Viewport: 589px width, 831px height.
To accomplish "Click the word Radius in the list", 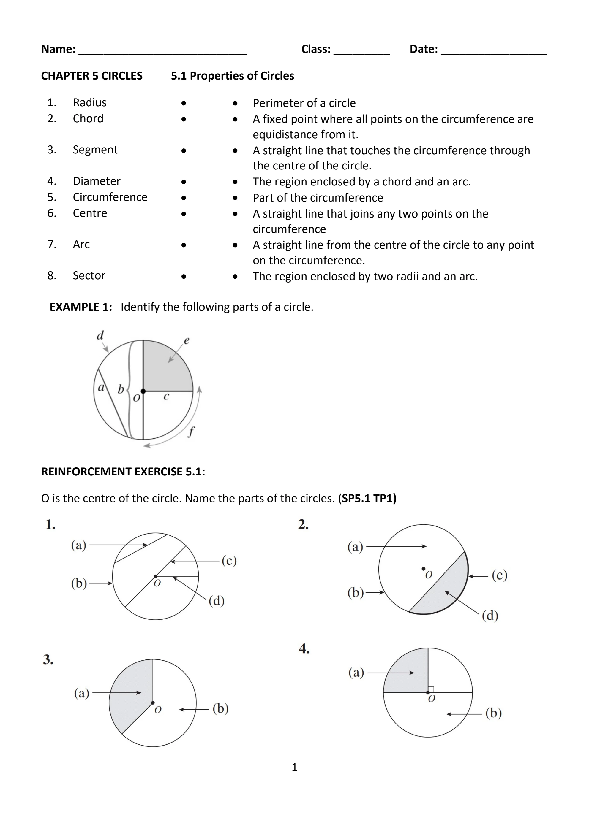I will [90, 103].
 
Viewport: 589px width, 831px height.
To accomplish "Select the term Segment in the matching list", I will [95, 150].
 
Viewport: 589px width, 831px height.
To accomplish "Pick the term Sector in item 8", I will [89, 275].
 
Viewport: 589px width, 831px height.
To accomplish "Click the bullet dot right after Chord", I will [184, 119].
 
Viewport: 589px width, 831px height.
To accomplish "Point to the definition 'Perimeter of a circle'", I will [304, 103].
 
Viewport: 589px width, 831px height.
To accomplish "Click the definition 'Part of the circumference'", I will [318, 198].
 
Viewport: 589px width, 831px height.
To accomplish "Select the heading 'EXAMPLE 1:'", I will [81, 307].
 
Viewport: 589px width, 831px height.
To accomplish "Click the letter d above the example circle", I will [100, 335].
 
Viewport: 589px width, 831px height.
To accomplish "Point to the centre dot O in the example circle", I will [143, 391].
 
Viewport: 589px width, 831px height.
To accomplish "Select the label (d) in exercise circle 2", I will [490, 615].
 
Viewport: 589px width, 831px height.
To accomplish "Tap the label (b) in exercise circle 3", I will [220, 708].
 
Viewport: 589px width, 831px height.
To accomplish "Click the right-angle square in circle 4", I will [431, 689].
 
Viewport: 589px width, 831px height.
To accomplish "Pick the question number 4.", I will [304, 649].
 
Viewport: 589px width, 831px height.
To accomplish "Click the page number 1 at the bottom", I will [295, 767].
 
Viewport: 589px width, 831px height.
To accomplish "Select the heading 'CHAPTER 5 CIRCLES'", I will [92, 76].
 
